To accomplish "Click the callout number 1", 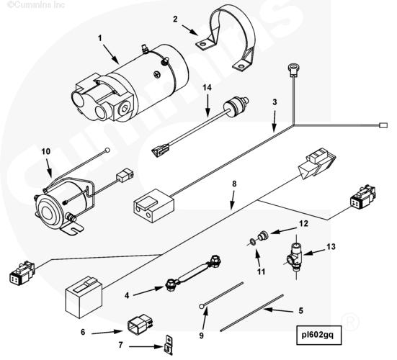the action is [x=100, y=38].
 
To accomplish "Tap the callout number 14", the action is [x=207, y=88].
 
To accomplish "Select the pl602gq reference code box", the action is [x=319, y=336].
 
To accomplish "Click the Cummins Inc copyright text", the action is [x=36, y=5].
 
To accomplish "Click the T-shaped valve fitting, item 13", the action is [x=295, y=256].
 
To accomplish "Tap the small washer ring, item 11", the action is [x=252, y=242].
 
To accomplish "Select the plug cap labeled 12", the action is [x=263, y=235].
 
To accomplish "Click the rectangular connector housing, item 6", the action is [x=140, y=324].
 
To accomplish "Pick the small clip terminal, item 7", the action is [x=169, y=344].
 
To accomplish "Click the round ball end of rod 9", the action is [x=202, y=307].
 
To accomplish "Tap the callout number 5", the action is [x=300, y=310].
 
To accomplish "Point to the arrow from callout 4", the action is [x=148, y=291].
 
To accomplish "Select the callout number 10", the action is [x=45, y=152].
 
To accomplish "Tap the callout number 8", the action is [x=234, y=184].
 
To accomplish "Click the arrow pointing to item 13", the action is [x=314, y=252].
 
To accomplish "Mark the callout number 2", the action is [x=175, y=19].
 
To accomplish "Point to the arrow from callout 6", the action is [x=107, y=332].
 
